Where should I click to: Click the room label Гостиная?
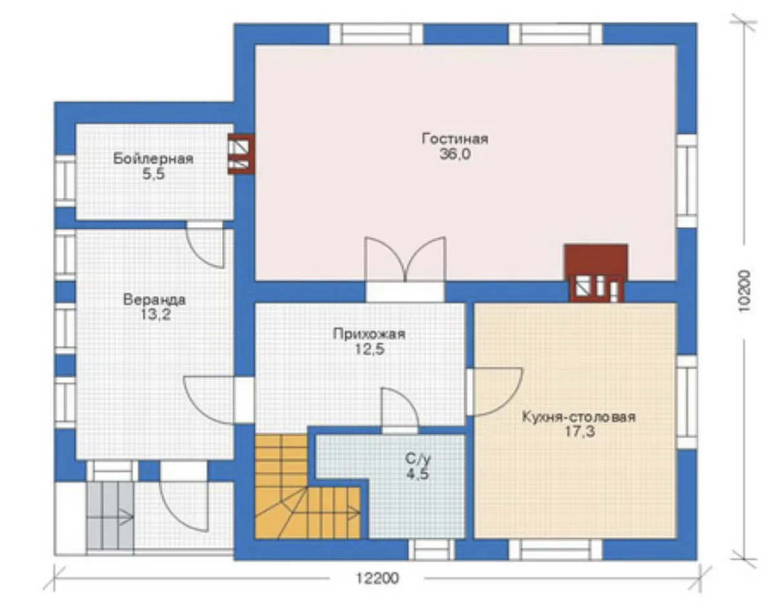tap(455, 139)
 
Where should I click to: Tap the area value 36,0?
tap(455, 154)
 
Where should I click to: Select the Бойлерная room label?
tap(153, 159)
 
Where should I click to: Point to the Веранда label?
tap(155, 300)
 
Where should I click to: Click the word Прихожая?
tap(369, 334)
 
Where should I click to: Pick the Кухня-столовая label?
tap(579, 417)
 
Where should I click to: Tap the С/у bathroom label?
tap(418, 459)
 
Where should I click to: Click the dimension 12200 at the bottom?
tap(378, 578)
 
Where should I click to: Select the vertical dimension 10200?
tap(744, 291)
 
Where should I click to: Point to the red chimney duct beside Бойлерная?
tap(241, 154)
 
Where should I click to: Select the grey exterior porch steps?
tap(111, 518)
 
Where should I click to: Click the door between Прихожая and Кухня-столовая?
tap(494, 392)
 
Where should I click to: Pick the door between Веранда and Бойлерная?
tap(204, 244)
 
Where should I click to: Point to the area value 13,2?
tap(155, 315)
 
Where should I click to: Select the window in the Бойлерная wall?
tap(65, 181)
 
